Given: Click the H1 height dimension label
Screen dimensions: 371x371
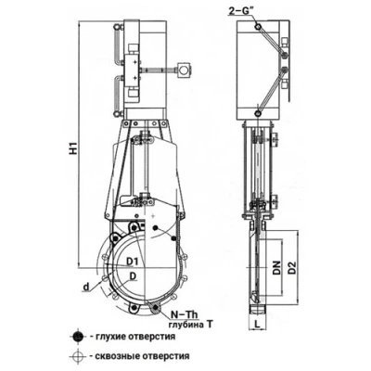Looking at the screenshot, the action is point(73,147).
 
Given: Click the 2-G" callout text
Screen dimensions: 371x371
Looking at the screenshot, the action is point(239,11).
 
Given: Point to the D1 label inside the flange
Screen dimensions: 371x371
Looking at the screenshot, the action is point(132,262).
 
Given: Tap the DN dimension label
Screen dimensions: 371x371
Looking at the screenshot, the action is point(276,268).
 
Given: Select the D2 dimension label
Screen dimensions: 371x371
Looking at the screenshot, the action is point(292,268).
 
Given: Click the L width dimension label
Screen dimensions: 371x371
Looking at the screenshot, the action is point(257,324).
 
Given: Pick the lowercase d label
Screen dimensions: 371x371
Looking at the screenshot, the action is point(86,288).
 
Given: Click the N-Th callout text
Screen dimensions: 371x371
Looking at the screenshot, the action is point(185,314).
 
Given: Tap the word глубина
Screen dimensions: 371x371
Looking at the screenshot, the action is point(185,325).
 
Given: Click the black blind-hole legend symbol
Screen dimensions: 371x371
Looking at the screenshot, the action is point(76,337).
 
